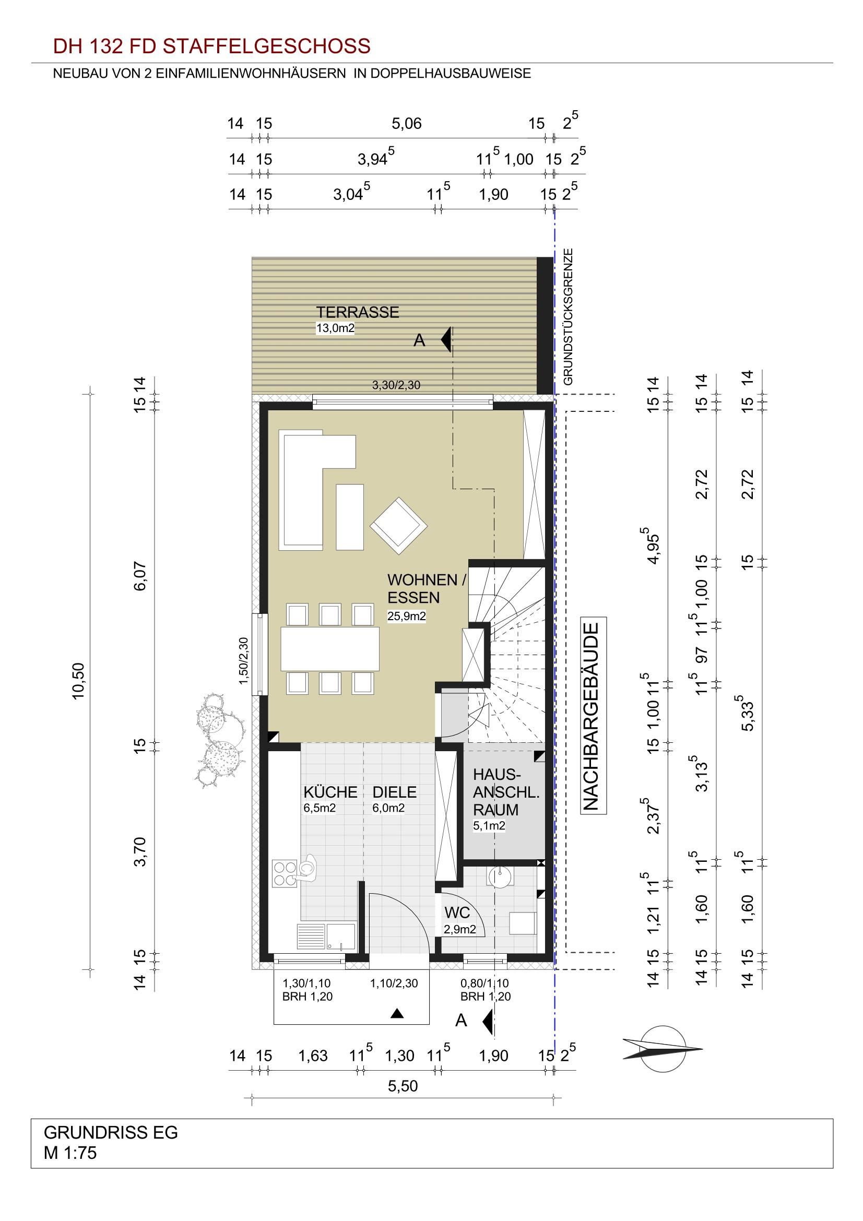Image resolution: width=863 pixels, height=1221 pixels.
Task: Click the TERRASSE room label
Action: coord(357,312)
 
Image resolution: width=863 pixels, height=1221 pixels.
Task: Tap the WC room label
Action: coord(457,912)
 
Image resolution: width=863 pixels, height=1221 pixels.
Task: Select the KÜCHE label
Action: coord(330,792)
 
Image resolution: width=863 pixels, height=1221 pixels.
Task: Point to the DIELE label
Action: coord(394,792)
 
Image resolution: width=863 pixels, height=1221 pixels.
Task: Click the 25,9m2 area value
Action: coord(407,617)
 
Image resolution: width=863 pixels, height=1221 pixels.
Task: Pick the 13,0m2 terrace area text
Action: coord(336,328)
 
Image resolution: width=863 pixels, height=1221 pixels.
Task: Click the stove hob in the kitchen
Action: coord(285,874)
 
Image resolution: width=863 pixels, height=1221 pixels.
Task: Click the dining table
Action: coord(330,649)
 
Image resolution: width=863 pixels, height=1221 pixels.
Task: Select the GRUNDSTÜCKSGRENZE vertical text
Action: coord(569,316)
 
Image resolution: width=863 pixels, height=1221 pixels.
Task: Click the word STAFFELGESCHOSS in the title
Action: coord(266,47)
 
